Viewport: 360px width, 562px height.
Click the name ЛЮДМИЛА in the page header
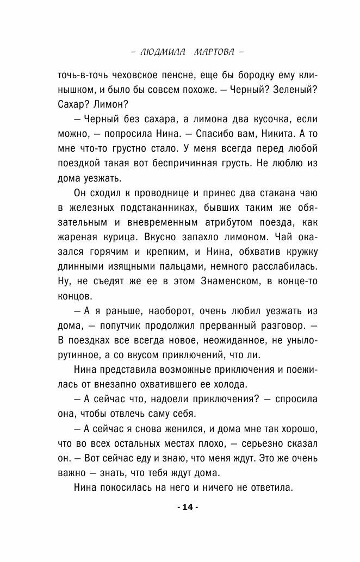coord(162,53)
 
